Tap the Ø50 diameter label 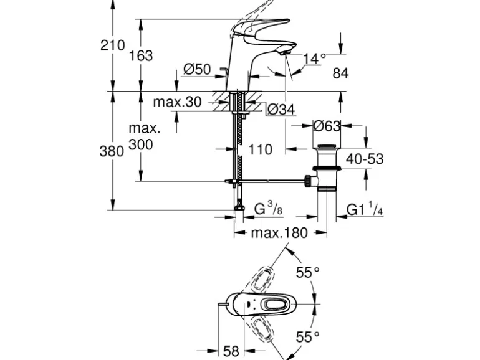(x=197, y=70)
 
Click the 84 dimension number (x=340, y=73)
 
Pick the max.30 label (x=178, y=102)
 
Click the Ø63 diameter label (x=326, y=126)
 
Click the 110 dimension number (x=260, y=149)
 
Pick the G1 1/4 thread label (x=365, y=209)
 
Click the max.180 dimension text (x=279, y=234)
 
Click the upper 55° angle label (x=307, y=272)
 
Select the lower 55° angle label (x=307, y=337)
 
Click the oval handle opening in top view (x=273, y=305)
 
